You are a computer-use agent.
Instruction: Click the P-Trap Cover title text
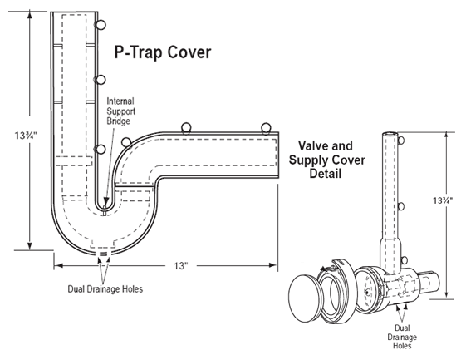[x=163, y=52]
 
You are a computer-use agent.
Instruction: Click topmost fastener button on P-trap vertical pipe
[x=101, y=24]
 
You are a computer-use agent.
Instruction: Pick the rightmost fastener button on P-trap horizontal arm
[x=266, y=127]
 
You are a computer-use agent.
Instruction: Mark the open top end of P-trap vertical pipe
[x=73, y=15]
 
